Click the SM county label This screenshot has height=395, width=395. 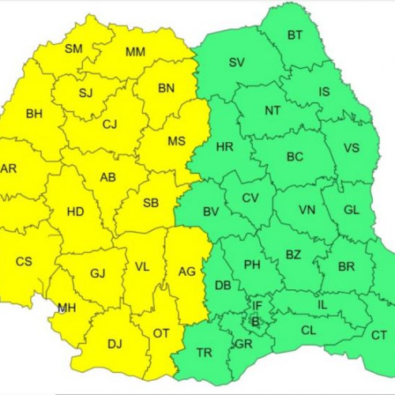[73, 49]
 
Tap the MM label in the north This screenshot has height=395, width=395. [135, 53]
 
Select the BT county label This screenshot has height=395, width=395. [295, 35]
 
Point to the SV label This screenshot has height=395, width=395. [236, 63]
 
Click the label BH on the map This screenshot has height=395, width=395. [35, 114]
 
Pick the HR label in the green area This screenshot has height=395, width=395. [224, 147]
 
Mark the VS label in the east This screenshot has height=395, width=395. [352, 148]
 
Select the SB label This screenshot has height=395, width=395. [151, 203]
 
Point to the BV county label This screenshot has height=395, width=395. [211, 212]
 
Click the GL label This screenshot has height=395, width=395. [352, 210]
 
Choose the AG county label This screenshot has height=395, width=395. [186, 271]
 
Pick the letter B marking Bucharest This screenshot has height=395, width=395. [254, 322]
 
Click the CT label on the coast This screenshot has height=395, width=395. [379, 336]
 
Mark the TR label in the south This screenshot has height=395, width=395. [204, 352]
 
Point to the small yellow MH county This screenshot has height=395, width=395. [67, 308]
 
